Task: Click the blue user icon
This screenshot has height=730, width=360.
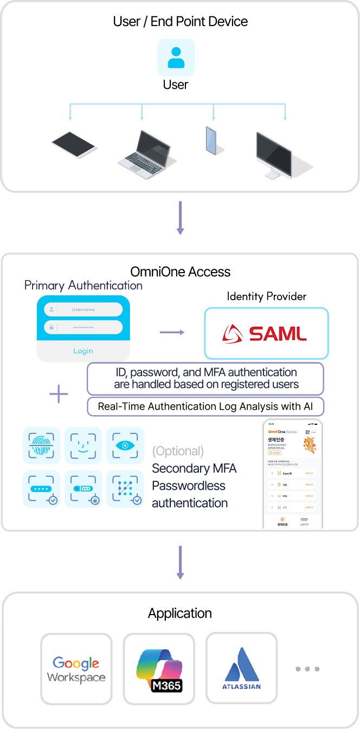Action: coord(176,57)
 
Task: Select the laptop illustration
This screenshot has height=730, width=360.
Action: coord(145,150)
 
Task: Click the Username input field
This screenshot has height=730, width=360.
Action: coord(83,309)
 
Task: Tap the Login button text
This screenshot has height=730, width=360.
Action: coord(83,351)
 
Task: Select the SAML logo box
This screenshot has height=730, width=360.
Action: coord(266,333)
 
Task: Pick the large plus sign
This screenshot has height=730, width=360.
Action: coord(59,394)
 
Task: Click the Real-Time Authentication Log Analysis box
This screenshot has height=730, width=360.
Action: coord(205,406)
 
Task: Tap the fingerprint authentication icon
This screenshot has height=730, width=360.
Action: coord(41,445)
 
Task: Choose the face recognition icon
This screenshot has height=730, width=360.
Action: coord(83,445)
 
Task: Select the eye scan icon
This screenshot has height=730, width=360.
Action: coord(125,445)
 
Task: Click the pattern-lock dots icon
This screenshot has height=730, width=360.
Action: coord(125,489)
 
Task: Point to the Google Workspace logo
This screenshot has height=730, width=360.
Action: coord(76,669)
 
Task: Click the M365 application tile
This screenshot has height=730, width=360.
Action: coord(159,669)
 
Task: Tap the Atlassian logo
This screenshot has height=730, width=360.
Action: coord(242,669)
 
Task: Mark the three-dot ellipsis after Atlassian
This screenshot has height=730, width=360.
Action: coord(307,669)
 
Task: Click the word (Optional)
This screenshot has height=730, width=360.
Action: coord(178,451)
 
